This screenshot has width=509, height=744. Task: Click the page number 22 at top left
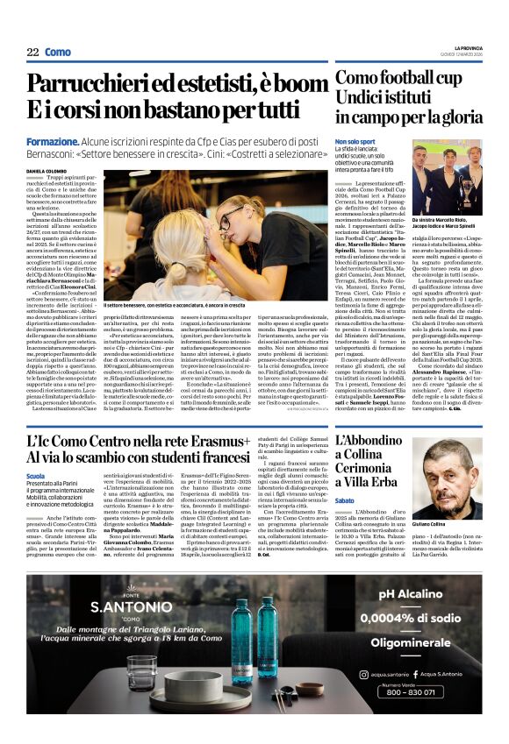tap(32, 53)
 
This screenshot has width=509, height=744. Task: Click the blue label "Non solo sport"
tap(355, 141)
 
